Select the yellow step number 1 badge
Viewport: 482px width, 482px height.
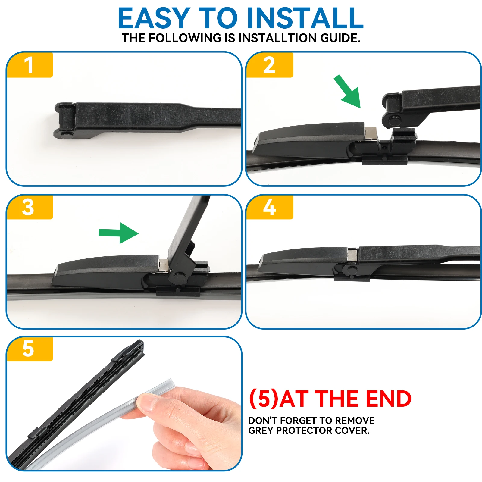[x=29, y=65]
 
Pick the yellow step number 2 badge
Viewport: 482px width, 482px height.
[x=269, y=65]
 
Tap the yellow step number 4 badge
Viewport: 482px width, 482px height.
[x=269, y=207]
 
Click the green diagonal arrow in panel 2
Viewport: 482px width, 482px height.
[x=348, y=92]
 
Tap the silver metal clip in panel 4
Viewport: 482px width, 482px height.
[x=352, y=255]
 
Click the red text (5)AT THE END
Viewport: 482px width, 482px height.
[x=330, y=399]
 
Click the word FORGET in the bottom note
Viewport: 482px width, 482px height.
[x=299, y=421]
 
